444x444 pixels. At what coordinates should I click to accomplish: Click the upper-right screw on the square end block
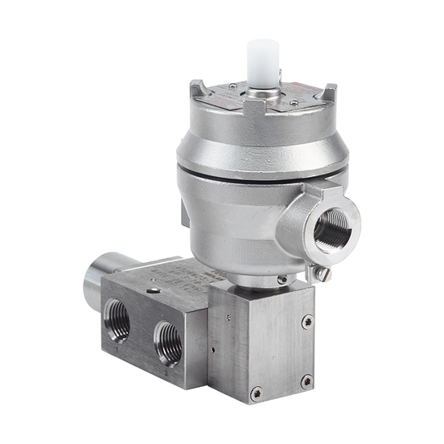point(306,323)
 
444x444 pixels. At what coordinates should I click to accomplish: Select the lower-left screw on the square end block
point(256,393)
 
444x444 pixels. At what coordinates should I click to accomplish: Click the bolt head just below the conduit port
point(323,274)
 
